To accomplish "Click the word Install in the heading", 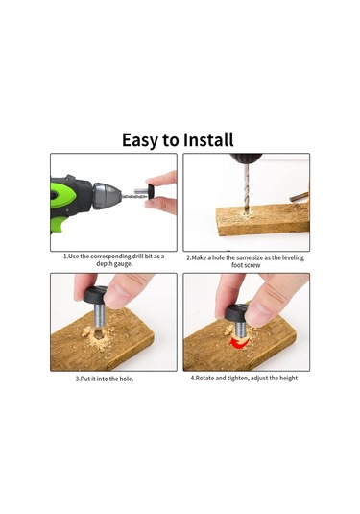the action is click(x=208, y=140).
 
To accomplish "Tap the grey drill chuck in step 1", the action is click(x=107, y=196).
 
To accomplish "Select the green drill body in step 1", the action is click(x=63, y=196).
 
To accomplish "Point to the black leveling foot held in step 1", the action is click(x=152, y=192).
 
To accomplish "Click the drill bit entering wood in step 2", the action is click(x=247, y=188).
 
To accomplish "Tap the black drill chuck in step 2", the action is click(x=246, y=159).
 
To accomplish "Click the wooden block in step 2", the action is click(x=262, y=219).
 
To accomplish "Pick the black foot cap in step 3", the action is click(x=95, y=295).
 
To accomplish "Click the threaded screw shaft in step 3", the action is click(x=100, y=317).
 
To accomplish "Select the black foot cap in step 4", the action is click(x=236, y=313).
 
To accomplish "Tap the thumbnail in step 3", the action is click(x=117, y=296).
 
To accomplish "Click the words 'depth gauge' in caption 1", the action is click(x=114, y=264).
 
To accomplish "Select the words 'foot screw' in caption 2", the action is click(x=246, y=265).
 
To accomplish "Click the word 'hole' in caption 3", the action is click(x=126, y=379).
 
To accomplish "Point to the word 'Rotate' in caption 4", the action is click(x=204, y=378).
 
